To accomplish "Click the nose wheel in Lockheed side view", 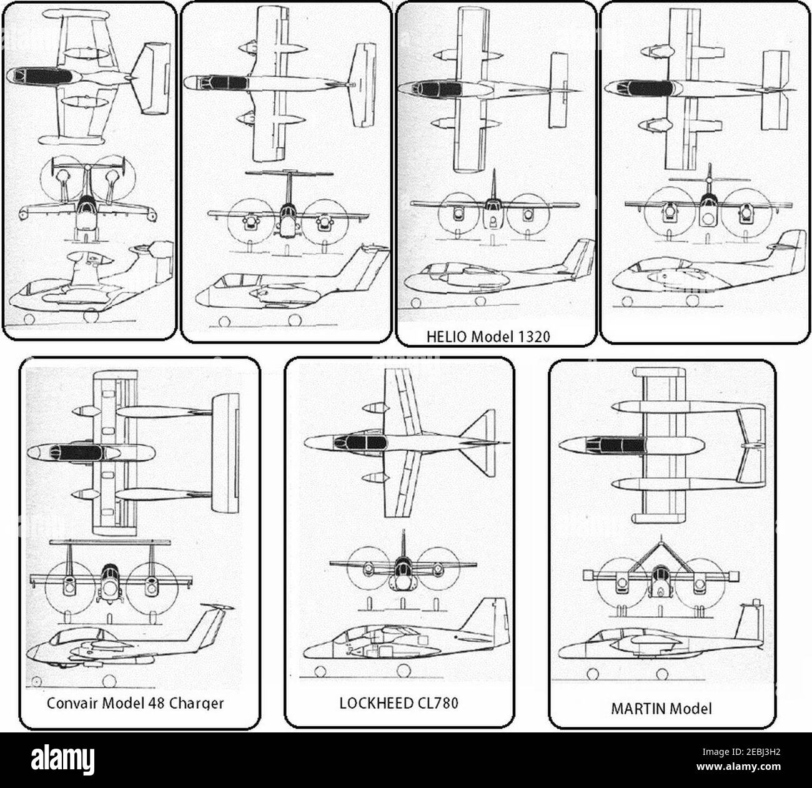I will [320, 672].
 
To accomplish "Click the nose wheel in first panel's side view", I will [29, 318].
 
